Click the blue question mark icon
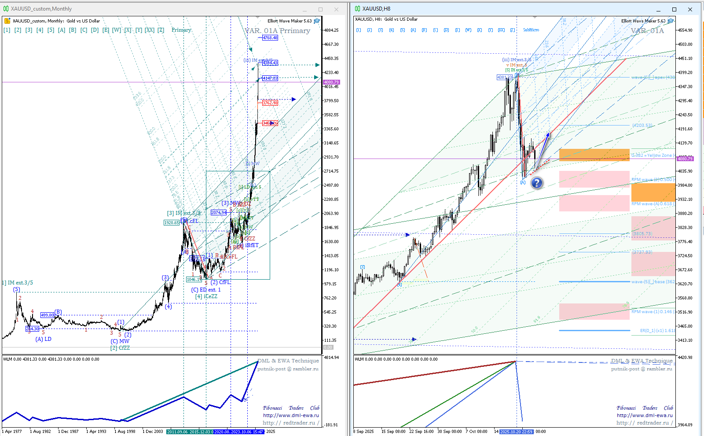point(536,183)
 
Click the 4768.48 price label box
point(270,38)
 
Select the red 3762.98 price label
point(270,103)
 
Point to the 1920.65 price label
point(172,222)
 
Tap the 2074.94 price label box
point(219,212)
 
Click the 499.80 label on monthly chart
point(47,315)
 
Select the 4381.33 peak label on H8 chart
point(504,78)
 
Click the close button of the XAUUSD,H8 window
point(690,9)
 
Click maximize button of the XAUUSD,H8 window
point(674,9)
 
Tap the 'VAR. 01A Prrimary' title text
point(277,31)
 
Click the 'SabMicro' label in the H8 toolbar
point(531,30)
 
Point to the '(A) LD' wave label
point(43,339)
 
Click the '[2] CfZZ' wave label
point(120,348)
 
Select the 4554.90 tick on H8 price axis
point(685,30)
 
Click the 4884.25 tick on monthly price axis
point(331,30)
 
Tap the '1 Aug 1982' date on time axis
point(40,432)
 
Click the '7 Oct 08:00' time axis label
point(477,432)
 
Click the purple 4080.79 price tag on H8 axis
point(685,159)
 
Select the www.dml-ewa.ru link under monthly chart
point(291,415)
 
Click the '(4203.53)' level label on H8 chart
point(642,126)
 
